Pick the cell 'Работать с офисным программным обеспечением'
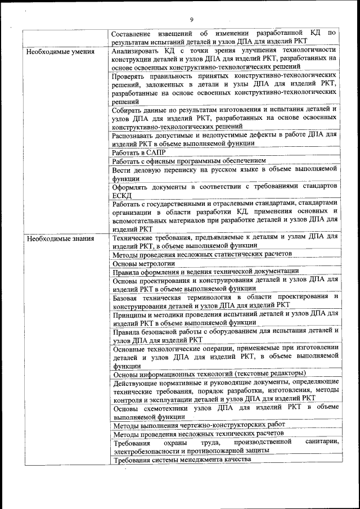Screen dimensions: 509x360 [188, 161]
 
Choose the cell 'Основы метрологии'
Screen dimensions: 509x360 [144, 263]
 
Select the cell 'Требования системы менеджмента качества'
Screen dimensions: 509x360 [181, 460]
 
